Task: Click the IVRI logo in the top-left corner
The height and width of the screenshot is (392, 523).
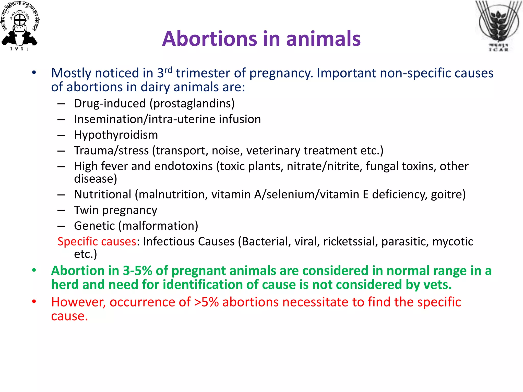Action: tap(20, 26)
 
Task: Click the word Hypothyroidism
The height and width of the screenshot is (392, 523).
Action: tap(116, 135)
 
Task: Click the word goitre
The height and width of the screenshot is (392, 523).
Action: tap(447, 195)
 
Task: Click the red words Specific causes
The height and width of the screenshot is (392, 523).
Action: tap(97, 242)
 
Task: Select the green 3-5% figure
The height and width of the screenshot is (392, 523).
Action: tap(138, 271)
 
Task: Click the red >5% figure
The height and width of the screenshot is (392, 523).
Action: tap(206, 302)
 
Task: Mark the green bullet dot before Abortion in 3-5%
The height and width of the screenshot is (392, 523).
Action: tap(34, 270)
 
